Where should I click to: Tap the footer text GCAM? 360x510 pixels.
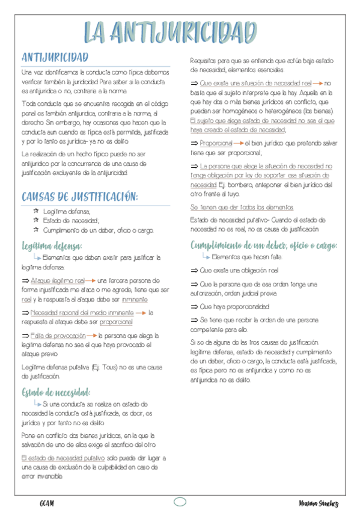pyautogui.click(x=47, y=503)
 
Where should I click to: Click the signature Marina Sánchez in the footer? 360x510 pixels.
pyautogui.click(x=318, y=503)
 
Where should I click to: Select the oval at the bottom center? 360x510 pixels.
pyautogui.click(x=180, y=502)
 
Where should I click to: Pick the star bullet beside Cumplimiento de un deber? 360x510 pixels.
pyautogui.click(x=36, y=230)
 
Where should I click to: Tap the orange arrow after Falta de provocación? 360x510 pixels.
pyautogui.click(x=91, y=336)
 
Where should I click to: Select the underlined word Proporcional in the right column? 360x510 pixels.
pyautogui.click(x=216, y=143)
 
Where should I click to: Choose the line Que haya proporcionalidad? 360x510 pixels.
pyautogui.click(x=231, y=306)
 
